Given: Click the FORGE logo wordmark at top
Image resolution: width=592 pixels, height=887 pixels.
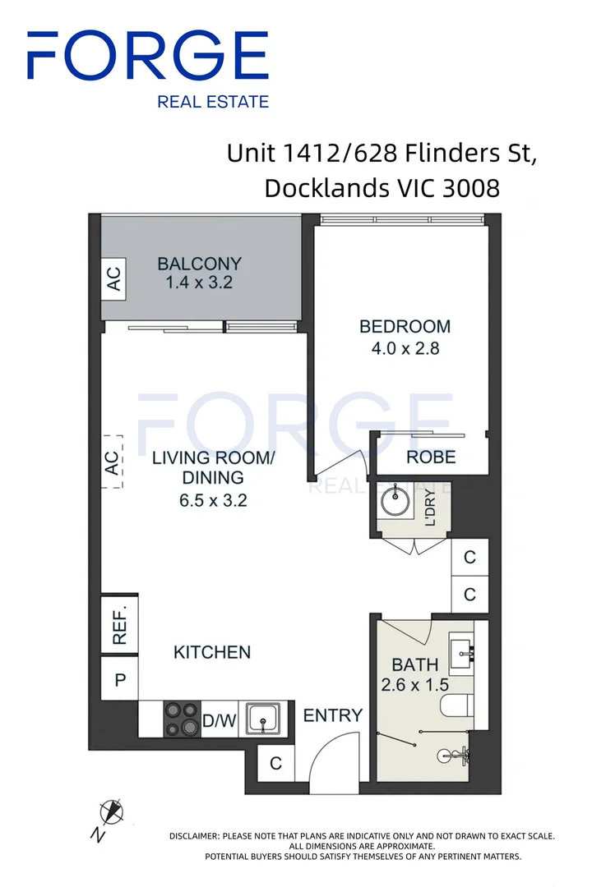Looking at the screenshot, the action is point(148,56).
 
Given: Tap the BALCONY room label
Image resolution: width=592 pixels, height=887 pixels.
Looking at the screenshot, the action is point(200,264).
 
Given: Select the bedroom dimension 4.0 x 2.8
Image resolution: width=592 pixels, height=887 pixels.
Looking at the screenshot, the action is point(405,348).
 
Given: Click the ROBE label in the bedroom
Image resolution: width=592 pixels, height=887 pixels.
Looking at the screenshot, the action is point(431,457).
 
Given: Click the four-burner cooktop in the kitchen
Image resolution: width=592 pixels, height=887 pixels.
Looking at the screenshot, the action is point(182,719).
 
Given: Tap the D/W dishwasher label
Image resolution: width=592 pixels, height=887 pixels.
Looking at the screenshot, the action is point(220,721).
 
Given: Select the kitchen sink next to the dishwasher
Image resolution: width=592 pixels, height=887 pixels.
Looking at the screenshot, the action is point(263,719).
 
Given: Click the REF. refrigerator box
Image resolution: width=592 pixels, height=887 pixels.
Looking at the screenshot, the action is point(119,624).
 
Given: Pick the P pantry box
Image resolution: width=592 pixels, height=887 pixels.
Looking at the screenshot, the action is point(119,679).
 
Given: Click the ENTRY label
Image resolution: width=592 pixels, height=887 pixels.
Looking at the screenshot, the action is point(332,715).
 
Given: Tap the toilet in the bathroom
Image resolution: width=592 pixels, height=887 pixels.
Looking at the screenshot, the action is point(456,706).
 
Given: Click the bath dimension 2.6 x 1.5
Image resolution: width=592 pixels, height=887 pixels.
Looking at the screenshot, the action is point(414,685).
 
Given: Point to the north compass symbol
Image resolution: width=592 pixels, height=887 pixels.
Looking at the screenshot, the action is point(111,812).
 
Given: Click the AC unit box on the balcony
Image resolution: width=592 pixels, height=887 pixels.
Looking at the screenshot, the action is point(113,279).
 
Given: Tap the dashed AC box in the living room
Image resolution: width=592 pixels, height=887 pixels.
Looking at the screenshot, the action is point(112,462).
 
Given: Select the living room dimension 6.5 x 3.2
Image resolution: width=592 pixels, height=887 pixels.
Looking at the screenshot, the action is point(213,501).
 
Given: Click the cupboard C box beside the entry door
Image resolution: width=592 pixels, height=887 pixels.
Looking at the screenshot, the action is point(276,764).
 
